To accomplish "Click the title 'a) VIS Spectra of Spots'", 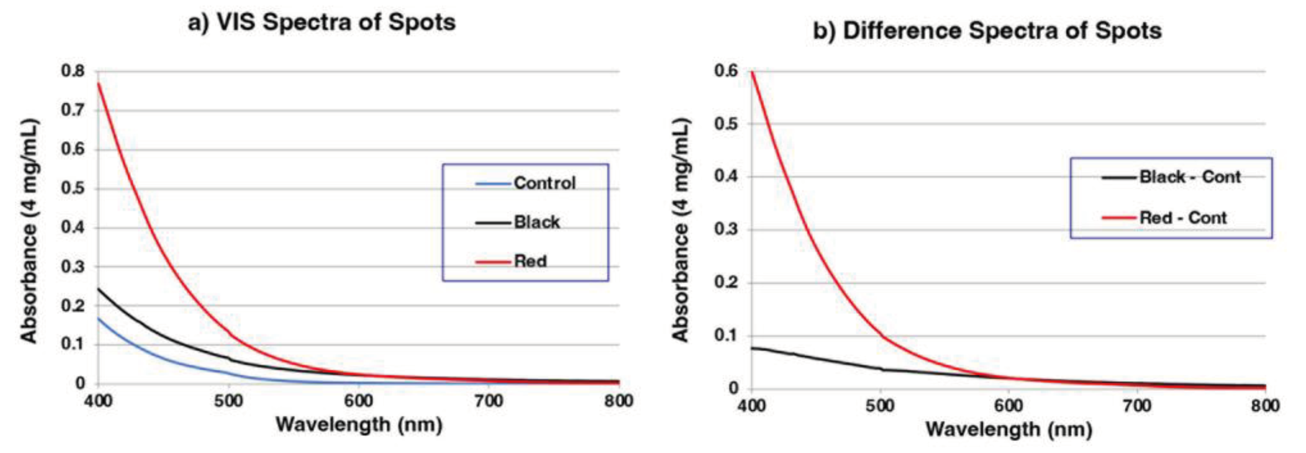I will (x=321, y=23).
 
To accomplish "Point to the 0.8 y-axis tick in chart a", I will (x=73, y=71).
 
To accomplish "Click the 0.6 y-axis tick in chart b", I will (x=726, y=71).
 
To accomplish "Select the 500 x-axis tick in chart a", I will (x=228, y=401).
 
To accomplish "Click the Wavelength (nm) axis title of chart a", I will (x=359, y=424).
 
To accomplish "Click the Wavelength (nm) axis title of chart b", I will (x=1009, y=429).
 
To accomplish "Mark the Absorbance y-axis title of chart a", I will (x=29, y=231).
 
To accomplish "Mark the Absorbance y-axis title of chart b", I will (x=681, y=231).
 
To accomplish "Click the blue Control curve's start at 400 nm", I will (x=98, y=318).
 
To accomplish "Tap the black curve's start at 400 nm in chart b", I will (x=752, y=348).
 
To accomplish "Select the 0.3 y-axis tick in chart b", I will (x=726, y=230).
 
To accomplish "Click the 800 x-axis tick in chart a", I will (x=619, y=401).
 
